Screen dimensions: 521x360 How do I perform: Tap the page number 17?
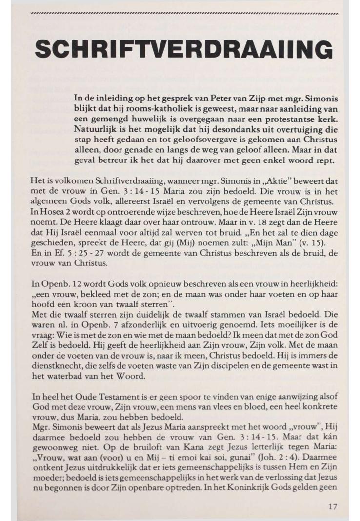click(332, 506)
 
